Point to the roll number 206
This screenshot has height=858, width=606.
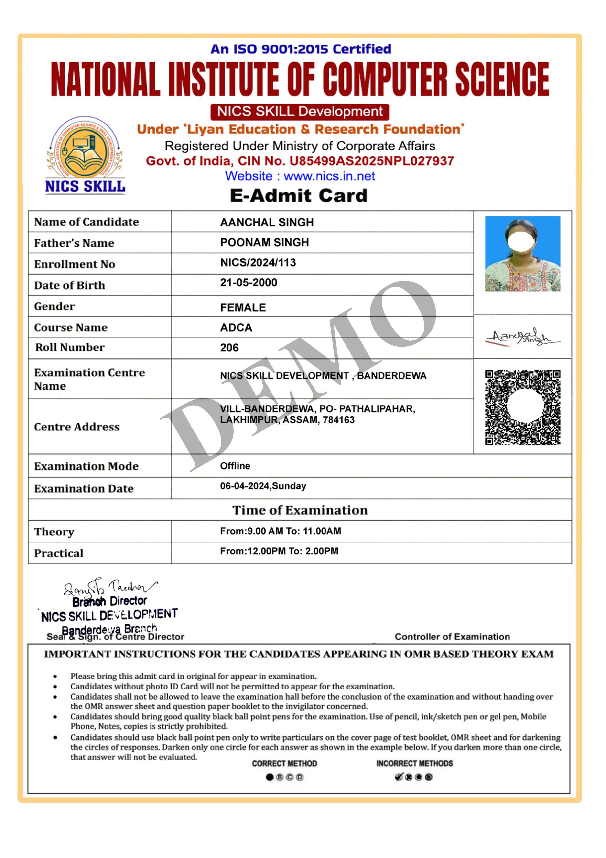229,348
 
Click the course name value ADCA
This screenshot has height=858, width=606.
236,328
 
